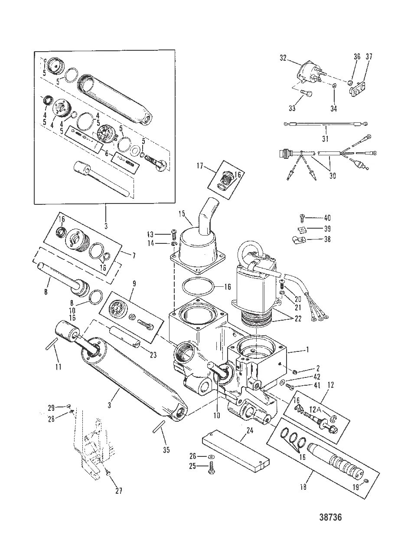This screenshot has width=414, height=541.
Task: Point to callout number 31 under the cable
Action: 325,139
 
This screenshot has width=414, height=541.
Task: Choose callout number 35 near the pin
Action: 166,450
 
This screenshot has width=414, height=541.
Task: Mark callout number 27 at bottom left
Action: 118,491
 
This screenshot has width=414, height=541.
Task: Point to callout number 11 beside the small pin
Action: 58,367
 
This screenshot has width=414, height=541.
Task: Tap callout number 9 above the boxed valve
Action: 133,285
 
